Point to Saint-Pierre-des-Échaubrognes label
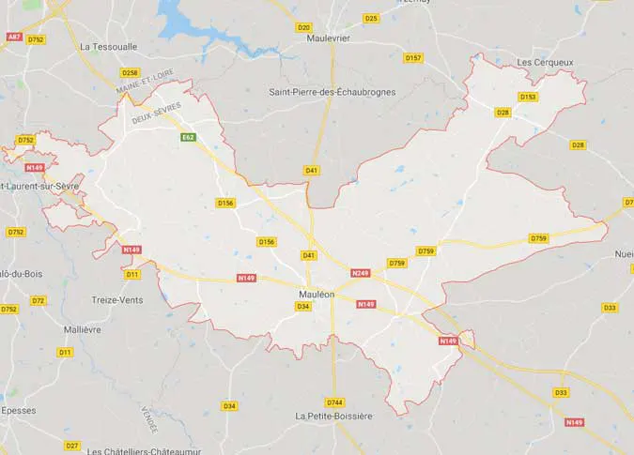pyautogui.click(x=332, y=92)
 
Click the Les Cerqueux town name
pyautogui.click(x=545, y=63)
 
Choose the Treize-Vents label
pyautogui.click(x=116, y=299)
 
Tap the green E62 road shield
pyautogui.click(x=189, y=137)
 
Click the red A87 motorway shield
pyautogui.click(x=14, y=36)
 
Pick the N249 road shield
pyautogui.click(x=361, y=273)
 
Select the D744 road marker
pyautogui.click(x=335, y=402)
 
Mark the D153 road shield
pyautogui.click(x=528, y=97)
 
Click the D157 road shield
pyautogui.click(x=413, y=58)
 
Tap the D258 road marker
pyautogui.click(x=130, y=72)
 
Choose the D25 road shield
pyautogui.click(x=370, y=18)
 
